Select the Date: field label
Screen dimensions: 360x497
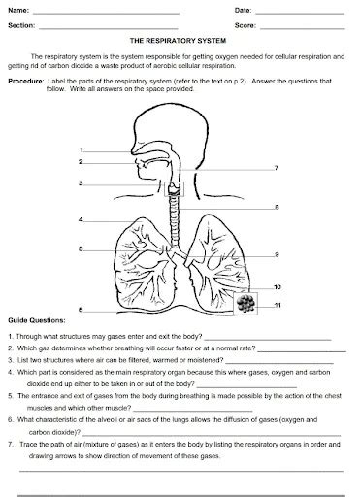pyautogui.click(x=243, y=10)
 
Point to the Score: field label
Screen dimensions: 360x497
pyautogui.click(x=245, y=26)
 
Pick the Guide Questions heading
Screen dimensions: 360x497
pyautogui.click(x=37, y=318)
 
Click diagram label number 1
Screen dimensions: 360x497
pyautogui.click(x=82, y=149)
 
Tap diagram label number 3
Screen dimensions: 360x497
pyautogui.click(x=82, y=182)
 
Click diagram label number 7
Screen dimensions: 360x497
pyautogui.click(x=277, y=168)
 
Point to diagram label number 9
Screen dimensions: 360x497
pyautogui.click(x=277, y=254)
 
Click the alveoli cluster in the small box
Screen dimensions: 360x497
pyautogui.click(x=248, y=303)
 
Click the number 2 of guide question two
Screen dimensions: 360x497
pyautogui.click(x=9, y=348)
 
